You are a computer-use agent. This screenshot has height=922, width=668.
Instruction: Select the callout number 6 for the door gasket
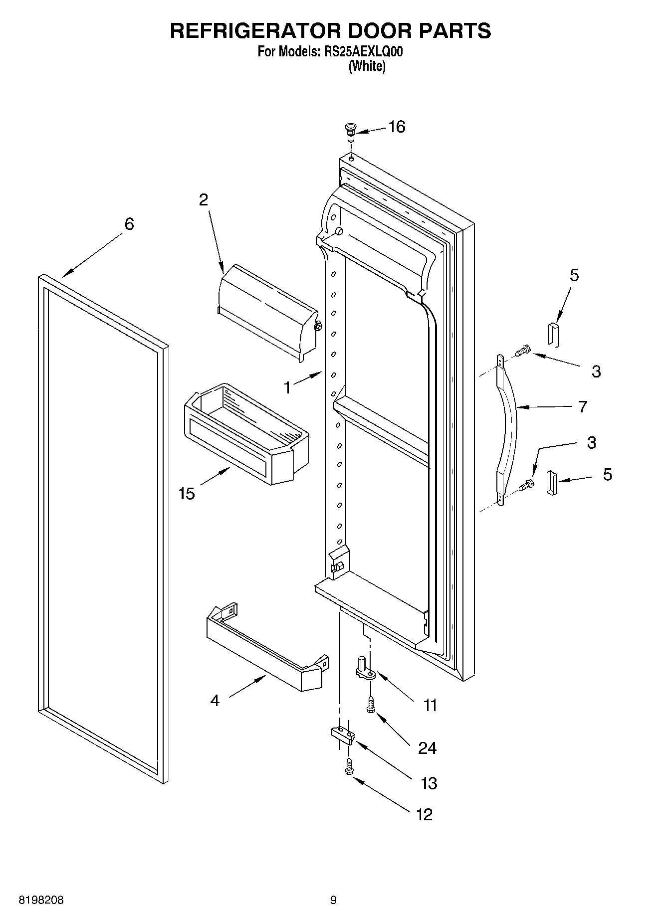click(129, 224)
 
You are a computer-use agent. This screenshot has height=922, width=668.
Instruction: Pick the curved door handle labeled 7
click(508, 429)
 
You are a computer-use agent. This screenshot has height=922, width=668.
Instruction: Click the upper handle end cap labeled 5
click(553, 333)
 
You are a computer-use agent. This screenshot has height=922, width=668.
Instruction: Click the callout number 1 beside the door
click(287, 387)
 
